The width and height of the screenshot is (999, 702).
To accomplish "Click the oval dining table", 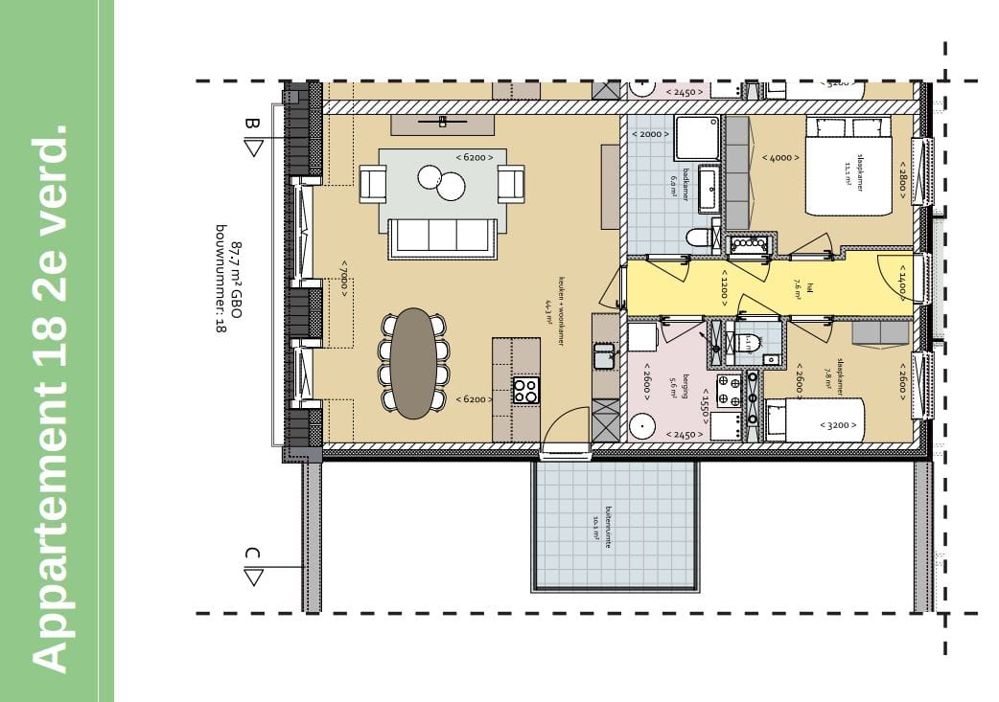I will point(414,363).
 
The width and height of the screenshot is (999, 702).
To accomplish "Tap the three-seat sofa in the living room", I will point(442,237).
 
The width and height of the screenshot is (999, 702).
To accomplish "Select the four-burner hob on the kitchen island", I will point(525,390).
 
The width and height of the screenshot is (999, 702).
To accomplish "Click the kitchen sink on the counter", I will point(604,357).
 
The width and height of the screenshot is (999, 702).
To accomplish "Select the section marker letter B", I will point(252,124).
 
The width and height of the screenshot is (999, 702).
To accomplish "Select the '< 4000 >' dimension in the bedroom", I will point(779,157).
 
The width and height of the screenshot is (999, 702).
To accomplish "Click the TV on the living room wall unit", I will point(442,122).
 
